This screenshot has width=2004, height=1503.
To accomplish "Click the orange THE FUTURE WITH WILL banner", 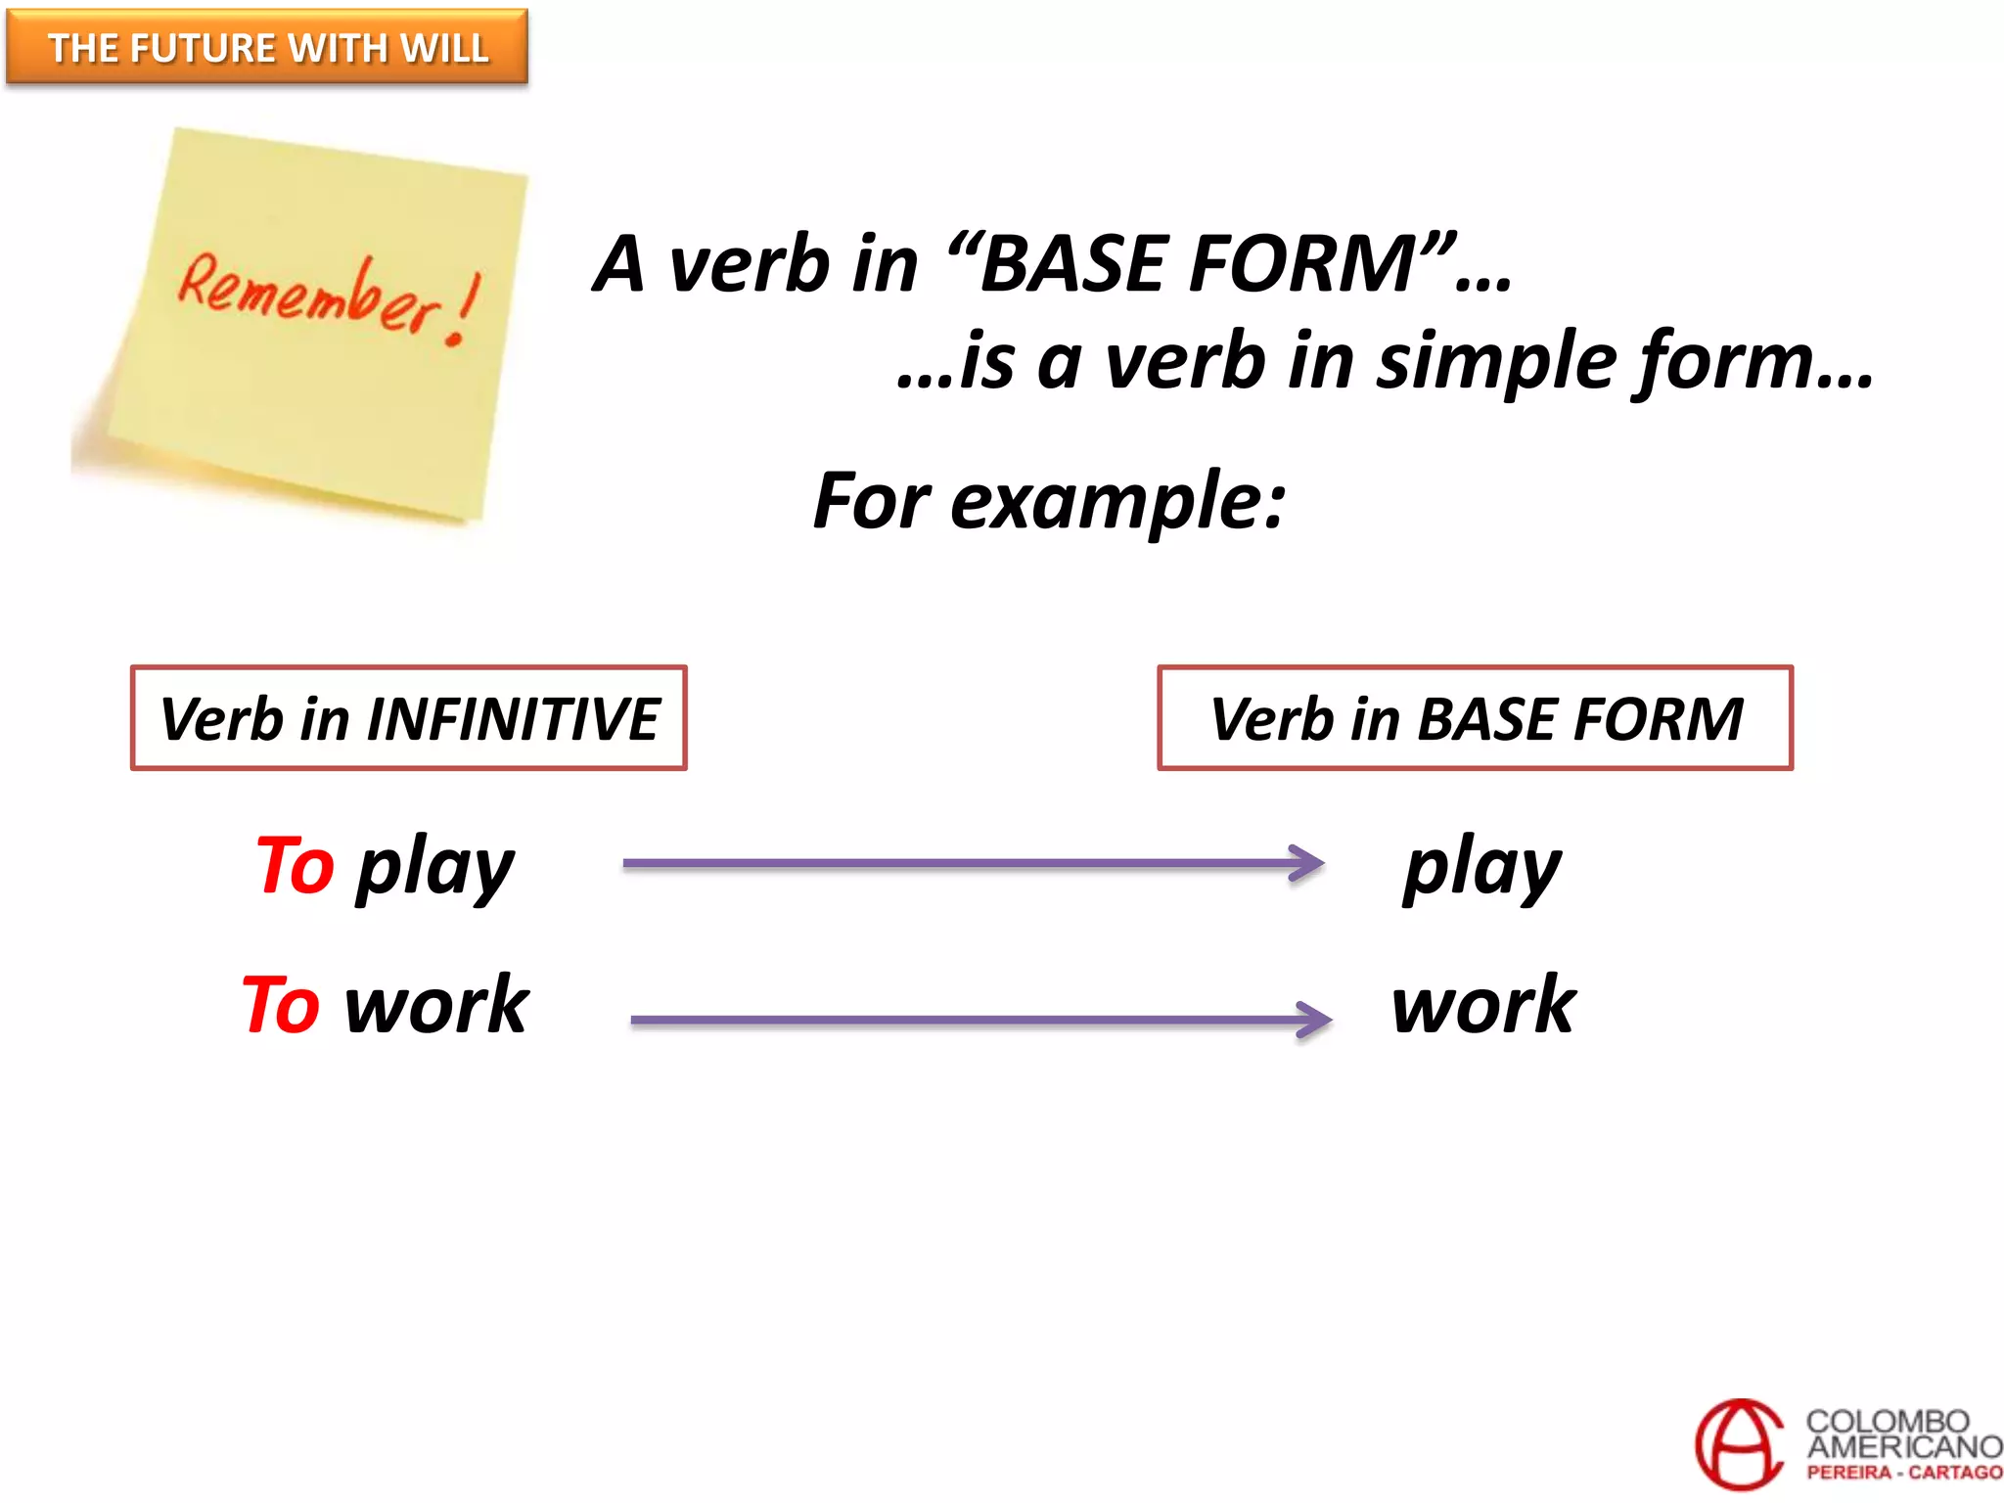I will point(267,47).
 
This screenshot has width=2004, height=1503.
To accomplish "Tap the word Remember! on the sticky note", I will point(308,294).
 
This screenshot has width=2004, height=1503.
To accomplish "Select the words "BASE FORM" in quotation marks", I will point(1199,264).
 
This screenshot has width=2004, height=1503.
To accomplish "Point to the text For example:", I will point(1049,501).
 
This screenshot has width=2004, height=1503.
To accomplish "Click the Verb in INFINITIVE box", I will point(409,718).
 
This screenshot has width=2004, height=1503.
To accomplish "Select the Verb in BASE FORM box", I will point(1475,718).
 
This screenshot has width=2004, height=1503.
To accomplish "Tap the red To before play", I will point(295,866).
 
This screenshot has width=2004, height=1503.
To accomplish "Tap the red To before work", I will point(281,1005).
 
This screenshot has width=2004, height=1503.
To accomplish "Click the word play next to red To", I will point(435,868).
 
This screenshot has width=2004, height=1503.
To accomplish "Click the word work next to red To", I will point(436,1005).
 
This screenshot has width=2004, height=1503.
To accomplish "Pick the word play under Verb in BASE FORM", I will point(1481,868).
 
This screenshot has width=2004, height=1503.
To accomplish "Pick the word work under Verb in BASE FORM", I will point(1483,1005).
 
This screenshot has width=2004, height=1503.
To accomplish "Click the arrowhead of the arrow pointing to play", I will point(1308,863).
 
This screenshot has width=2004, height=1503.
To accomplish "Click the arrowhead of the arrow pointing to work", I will point(1316,1019).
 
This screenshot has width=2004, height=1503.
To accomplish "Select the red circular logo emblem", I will point(1740,1444).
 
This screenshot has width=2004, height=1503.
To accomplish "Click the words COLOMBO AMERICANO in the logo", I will point(1901,1433).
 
